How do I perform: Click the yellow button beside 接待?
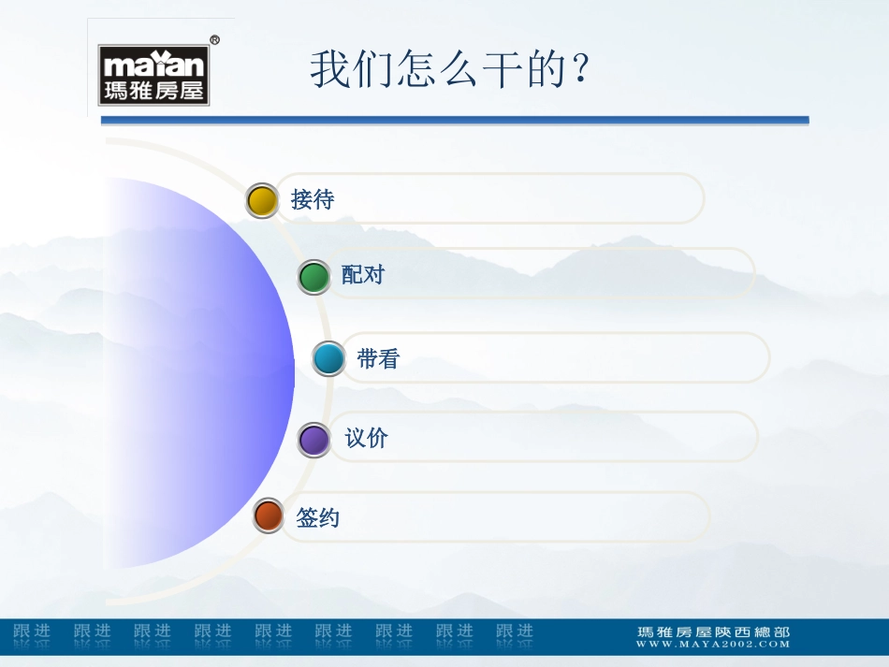pyautogui.click(x=262, y=200)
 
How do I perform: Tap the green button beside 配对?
pyautogui.click(x=314, y=277)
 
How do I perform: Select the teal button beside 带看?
pyautogui.click(x=328, y=358)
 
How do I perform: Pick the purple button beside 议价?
pyautogui.click(x=314, y=439)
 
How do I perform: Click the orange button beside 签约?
pyautogui.click(x=269, y=516)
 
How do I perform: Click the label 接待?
pyautogui.click(x=313, y=200)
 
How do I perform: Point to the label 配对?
pyautogui.click(x=363, y=275)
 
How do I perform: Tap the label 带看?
pyautogui.click(x=378, y=358)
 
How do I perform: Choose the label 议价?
pyautogui.click(x=366, y=438)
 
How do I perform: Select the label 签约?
pyautogui.click(x=317, y=517)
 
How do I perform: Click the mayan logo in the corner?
pyautogui.click(x=154, y=75)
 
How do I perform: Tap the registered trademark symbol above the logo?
pyautogui.click(x=214, y=40)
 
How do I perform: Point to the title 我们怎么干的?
pyautogui.click(x=450, y=70)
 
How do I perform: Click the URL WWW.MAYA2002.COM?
pyautogui.click(x=713, y=644)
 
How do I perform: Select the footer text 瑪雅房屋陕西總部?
pyautogui.click(x=713, y=631)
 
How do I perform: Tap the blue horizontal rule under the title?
pyautogui.click(x=454, y=121)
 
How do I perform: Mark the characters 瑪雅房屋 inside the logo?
pyautogui.click(x=153, y=92)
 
